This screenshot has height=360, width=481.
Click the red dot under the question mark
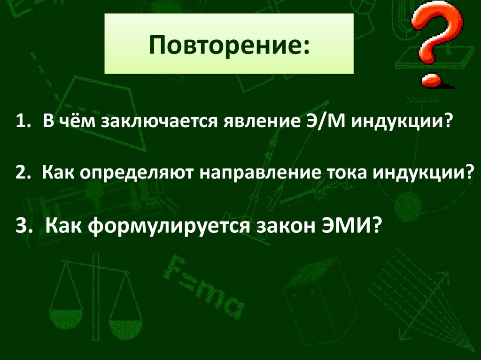[x=431, y=80]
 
